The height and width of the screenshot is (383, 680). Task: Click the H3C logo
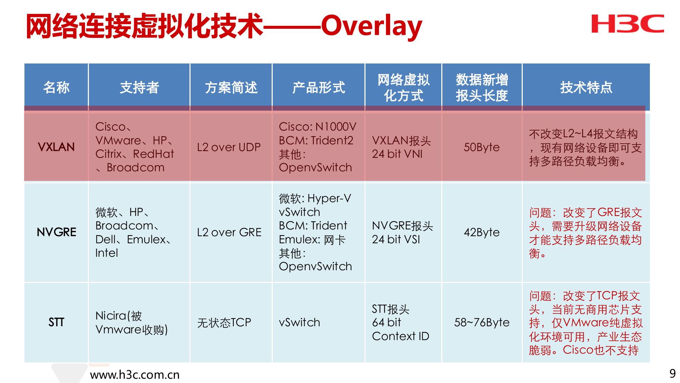click(628, 24)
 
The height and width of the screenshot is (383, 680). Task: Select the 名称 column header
click(56, 87)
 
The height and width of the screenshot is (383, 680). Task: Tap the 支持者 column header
click(139, 87)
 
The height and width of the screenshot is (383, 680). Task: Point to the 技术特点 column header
click(586, 87)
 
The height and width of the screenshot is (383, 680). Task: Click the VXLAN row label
click(56, 147)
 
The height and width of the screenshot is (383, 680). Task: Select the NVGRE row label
click(56, 232)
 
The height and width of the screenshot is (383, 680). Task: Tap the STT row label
click(56, 322)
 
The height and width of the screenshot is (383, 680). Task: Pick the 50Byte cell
click(481, 147)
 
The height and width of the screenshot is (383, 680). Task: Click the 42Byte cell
click(481, 232)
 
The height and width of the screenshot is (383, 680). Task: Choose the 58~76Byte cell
click(481, 322)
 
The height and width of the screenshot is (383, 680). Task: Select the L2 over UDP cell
click(229, 147)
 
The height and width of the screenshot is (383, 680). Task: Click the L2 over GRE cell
click(229, 232)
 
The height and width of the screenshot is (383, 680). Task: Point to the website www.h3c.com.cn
click(135, 374)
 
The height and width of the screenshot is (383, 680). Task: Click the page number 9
click(672, 373)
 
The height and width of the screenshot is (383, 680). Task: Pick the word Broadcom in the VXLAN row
click(135, 167)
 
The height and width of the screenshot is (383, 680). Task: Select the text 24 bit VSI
click(396, 239)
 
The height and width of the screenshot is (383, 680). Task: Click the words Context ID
click(400, 336)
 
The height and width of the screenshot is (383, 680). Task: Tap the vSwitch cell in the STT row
click(299, 322)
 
